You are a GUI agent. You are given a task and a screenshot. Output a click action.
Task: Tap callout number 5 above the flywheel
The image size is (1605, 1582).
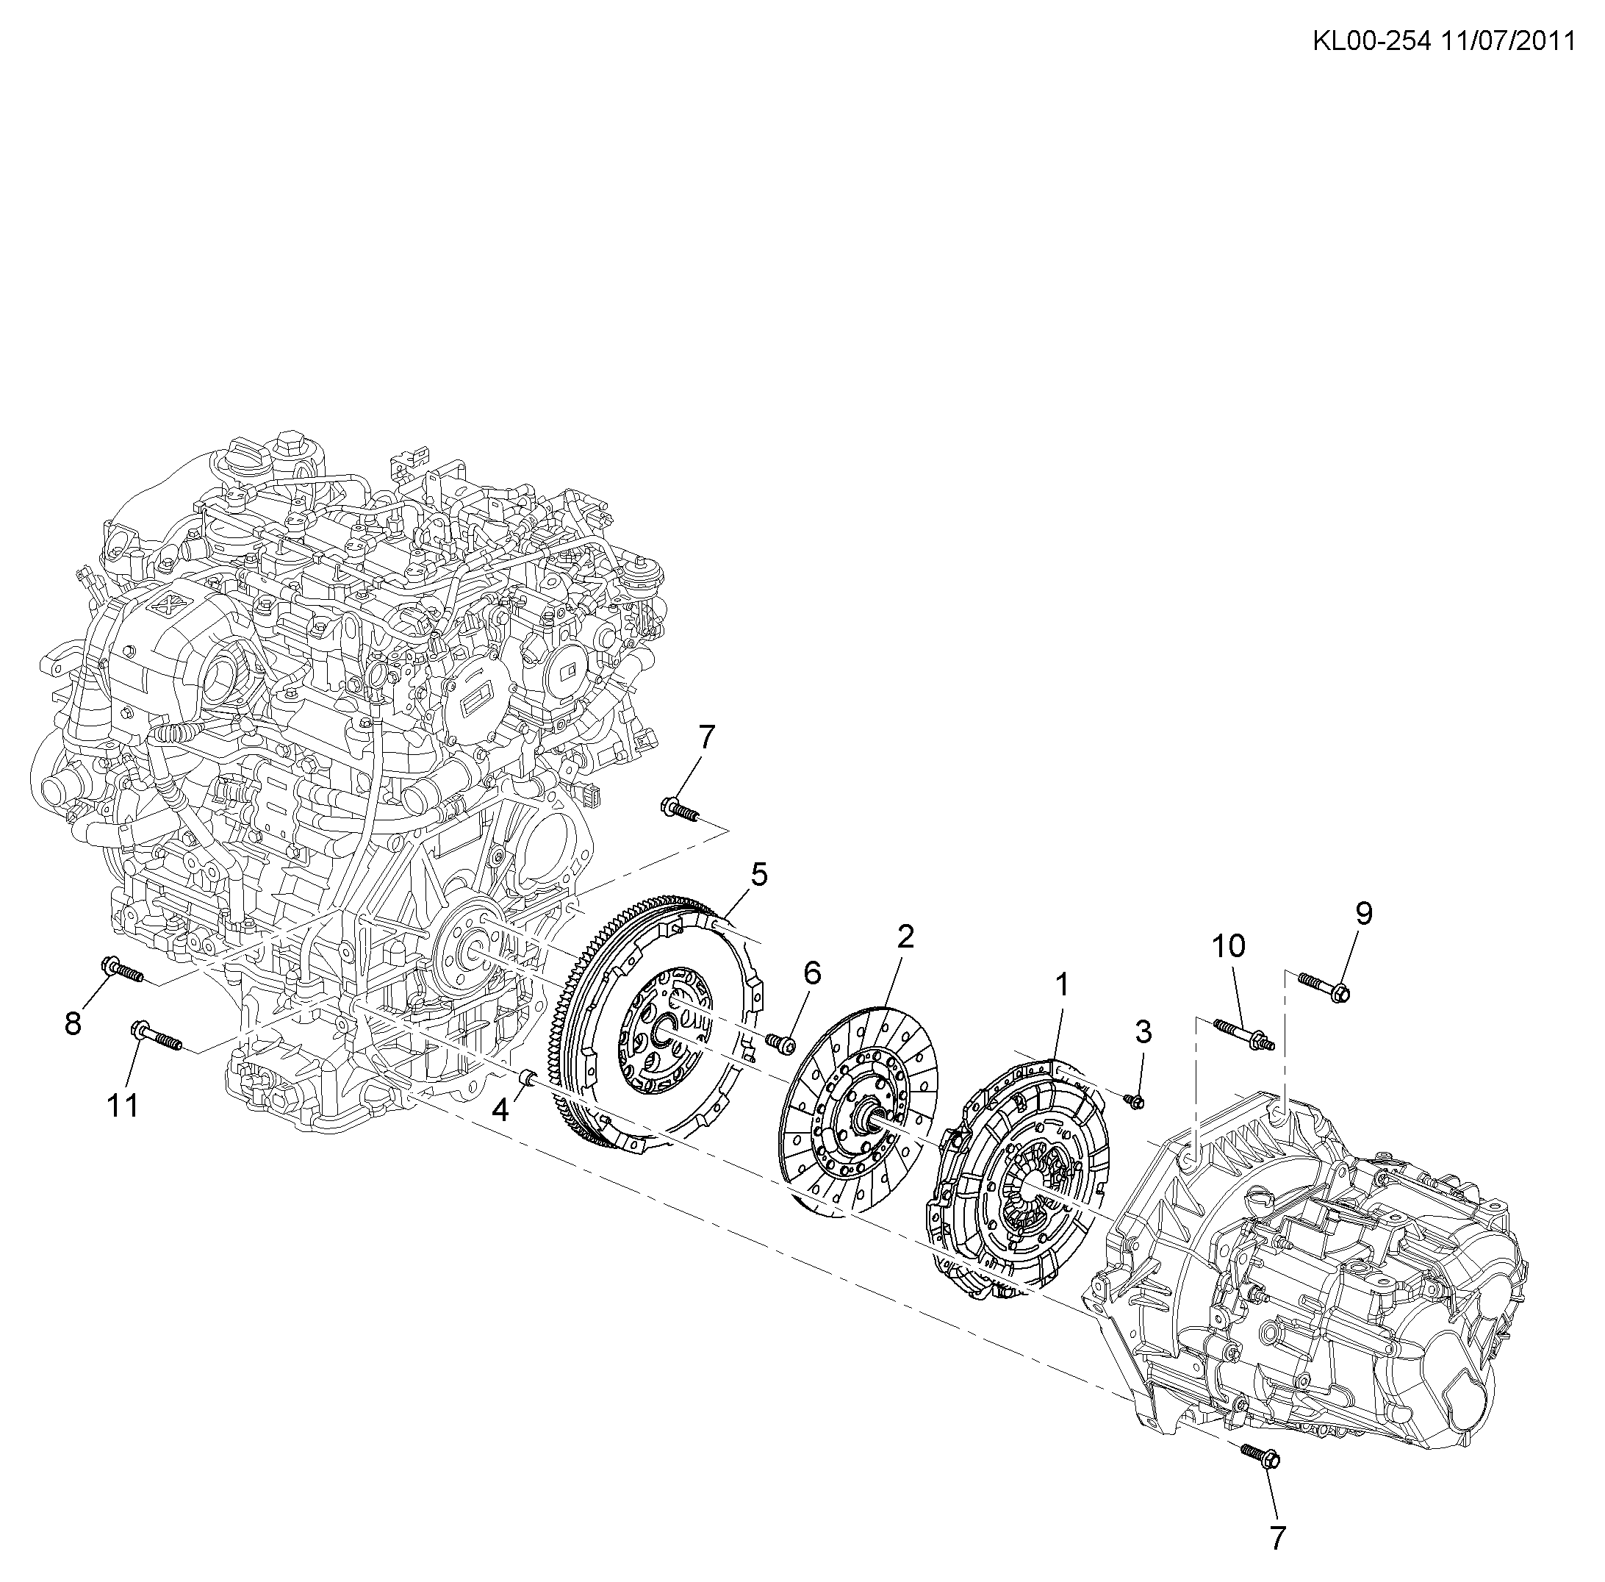758,874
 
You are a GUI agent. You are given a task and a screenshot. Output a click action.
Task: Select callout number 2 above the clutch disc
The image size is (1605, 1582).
905,937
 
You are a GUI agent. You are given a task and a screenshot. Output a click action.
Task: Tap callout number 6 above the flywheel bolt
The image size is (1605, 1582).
811,973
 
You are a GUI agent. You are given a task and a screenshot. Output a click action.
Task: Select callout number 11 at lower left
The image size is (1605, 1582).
122,1105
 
